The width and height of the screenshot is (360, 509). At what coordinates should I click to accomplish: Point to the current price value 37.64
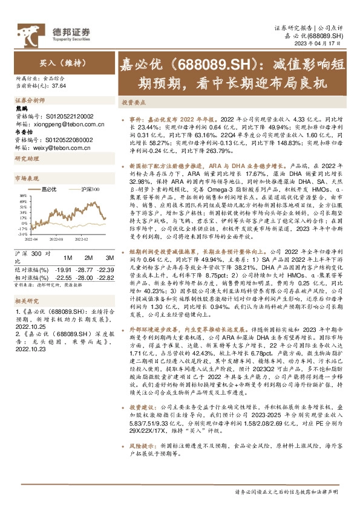click(x=59, y=86)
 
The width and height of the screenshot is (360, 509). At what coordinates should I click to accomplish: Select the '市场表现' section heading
click(x=26, y=179)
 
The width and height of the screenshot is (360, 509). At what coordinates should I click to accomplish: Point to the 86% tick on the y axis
click(x=22, y=195)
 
